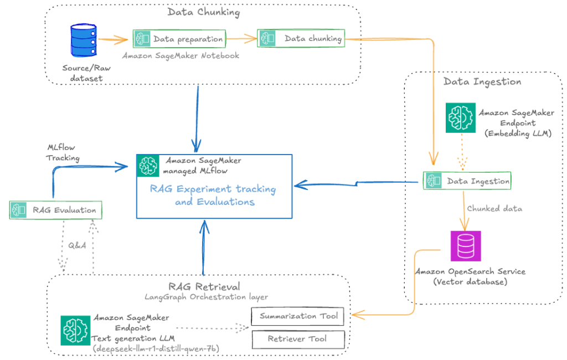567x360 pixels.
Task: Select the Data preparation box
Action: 178,39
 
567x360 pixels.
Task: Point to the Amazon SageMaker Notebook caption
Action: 181,55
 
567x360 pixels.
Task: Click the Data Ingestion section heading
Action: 482,81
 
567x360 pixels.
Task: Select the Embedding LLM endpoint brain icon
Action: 460,117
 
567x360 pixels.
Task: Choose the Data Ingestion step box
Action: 467,181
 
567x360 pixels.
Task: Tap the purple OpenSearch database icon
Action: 465,246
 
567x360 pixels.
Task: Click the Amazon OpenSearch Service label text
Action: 471,271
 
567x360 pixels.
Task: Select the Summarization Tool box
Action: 298,317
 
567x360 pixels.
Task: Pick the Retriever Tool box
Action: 298,338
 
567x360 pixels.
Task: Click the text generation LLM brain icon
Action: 75,330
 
